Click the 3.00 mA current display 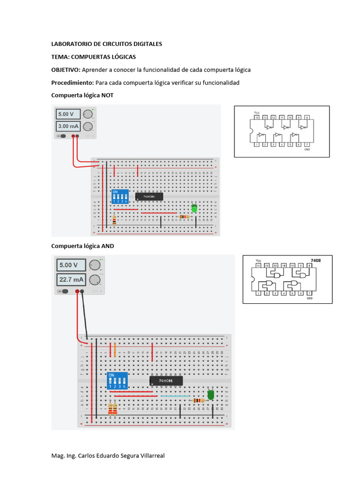[68, 126]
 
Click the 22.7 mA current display [71, 280]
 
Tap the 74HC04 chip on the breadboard [150, 196]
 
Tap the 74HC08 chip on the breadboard [166, 381]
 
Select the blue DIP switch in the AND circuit [117, 381]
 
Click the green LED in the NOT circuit [194, 208]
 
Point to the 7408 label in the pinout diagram [315, 259]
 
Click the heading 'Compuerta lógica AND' [82, 246]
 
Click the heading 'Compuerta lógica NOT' [82, 95]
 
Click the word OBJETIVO [66, 70]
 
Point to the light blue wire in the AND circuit [175, 396]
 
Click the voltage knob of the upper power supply [88, 114]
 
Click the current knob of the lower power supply [95, 280]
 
